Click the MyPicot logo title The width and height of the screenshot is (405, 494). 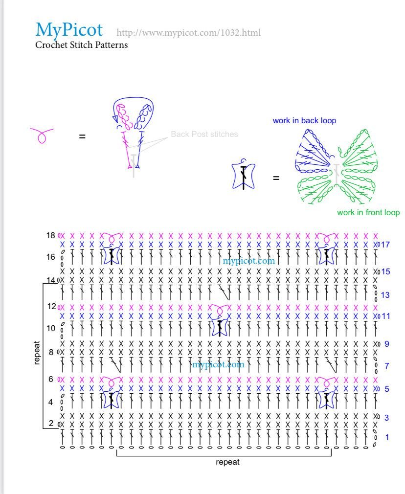pyautogui.click(x=69, y=30)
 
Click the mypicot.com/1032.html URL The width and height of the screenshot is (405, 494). pyautogui.click(x=188, y=33)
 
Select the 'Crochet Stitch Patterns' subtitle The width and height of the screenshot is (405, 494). pyautogui.click(x=81, y=45)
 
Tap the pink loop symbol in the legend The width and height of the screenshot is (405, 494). pyautogui.click(x=42, y=135)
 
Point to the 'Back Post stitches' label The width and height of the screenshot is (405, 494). pyautogui.click(x=204, y=134)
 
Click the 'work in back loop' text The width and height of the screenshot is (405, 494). pyautogui.click(x=304, y=120)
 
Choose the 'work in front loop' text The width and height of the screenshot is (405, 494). pyautogui.click(x=368, y=212)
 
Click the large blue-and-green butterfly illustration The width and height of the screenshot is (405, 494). pyautogui.click(x=337, y=166)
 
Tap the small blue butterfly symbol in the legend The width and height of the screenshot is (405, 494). pyautogui.click(x=243, y=176)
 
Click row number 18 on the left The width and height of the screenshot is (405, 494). pyautogui.click(x=51, y=235)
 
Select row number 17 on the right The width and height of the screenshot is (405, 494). pyautogui.click(x=385, y=244)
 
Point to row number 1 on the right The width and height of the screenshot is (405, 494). pyautogui.click(x=387, y=437)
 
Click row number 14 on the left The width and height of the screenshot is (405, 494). pyautogui.click(x=51, y=280)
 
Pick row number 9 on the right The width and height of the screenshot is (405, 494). pyautogui.click(x=386, y=344)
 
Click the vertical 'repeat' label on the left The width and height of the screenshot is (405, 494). pyautogui.click(x=37, y=353)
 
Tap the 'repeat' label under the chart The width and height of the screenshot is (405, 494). pyautogui.click(x=227, y=462)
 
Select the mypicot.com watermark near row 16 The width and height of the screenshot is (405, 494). pyautogui.click(x=248, y=261)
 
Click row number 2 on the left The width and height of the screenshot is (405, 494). pyautogui.click(x=51, y=423)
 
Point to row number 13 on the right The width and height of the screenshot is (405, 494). pyautogui.click(x=385, y=295)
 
